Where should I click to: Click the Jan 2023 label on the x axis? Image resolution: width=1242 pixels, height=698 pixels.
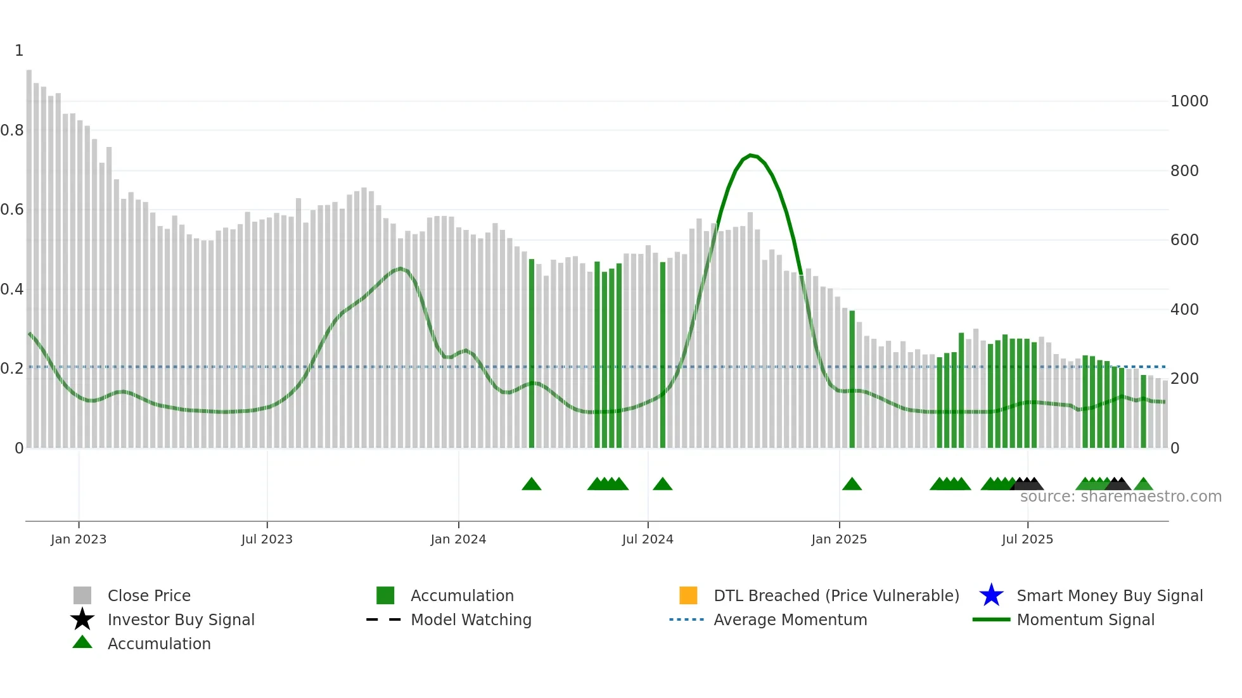click(79, 539)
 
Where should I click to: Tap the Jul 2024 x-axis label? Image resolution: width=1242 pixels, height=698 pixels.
click(647, 539)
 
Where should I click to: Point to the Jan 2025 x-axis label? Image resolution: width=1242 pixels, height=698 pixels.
click(838, 539)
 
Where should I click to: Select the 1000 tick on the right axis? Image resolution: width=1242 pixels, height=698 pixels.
click(1189, 101)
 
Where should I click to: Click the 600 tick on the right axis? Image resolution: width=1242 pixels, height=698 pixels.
click(1184, 240)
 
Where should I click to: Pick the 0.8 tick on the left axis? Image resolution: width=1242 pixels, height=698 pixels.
click(12, 130)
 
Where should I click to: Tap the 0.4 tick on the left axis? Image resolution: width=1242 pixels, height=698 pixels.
click(12, 289)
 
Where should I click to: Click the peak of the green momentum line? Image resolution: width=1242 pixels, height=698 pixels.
click(750, 155)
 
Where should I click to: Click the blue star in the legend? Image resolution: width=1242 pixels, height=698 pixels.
click(991, 595)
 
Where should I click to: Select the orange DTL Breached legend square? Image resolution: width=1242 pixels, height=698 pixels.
click(688, 595)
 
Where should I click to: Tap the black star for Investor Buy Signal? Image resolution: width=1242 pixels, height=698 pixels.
click(82, 619)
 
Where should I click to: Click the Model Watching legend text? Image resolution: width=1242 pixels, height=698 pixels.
click(471, 619)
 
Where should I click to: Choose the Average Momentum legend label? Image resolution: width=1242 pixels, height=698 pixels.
click(790, 619)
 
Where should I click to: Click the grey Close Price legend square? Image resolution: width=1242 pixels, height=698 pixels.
click(82, 595)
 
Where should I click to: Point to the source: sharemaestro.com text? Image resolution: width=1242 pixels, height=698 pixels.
click(1120, 497)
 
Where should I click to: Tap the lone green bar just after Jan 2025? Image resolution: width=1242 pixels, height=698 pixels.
click(852, 380)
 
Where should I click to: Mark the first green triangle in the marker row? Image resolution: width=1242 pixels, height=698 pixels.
click(532, 485)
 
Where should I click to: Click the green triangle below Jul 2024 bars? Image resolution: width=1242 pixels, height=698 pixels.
click(662, 485)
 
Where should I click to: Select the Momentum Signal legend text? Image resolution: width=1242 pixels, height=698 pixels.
click(1085, 619)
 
